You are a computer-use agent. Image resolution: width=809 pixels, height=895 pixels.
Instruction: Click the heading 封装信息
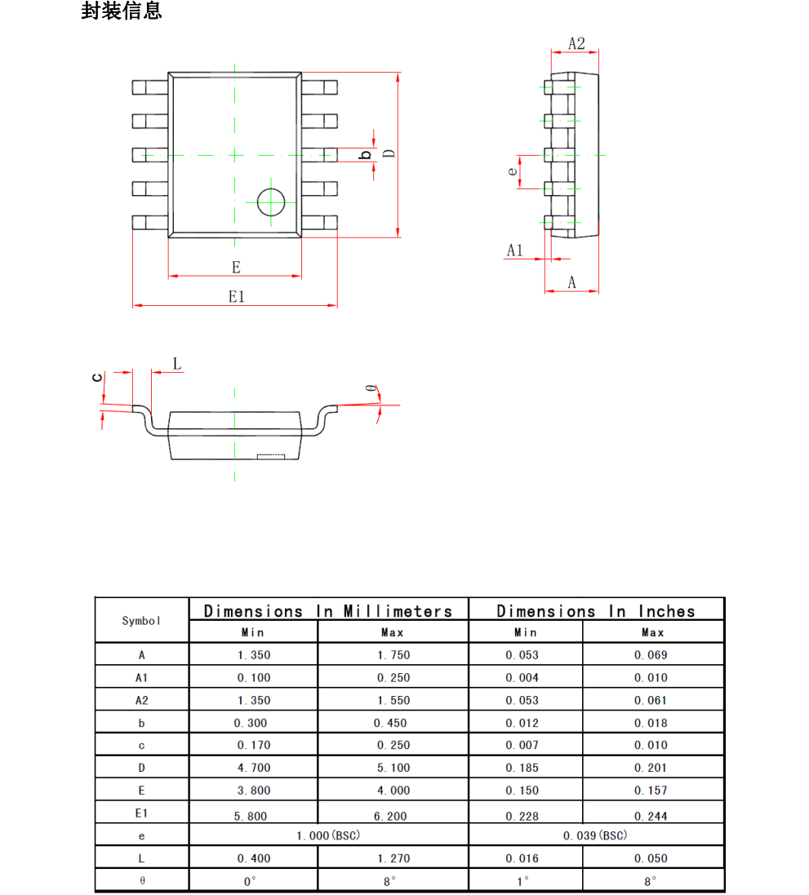coord(122,11)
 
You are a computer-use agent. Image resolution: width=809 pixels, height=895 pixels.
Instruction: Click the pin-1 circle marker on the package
coord(270,202)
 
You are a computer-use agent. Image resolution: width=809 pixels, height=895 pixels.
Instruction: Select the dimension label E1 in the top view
coord(236,297)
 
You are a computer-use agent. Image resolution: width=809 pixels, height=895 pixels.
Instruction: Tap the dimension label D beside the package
coord(389,153)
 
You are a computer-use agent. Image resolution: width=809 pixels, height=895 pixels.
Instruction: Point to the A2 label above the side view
coord(576,43)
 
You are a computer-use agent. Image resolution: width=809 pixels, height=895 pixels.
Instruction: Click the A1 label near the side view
coord(514,250)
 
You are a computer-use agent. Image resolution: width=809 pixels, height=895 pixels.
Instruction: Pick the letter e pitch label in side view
coord(512,171)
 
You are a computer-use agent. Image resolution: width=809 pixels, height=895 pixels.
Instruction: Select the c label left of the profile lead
coord(97,377)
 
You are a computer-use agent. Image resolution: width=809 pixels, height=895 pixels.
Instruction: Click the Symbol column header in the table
coord(141,621)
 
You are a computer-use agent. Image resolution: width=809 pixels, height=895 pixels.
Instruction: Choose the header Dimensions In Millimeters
coord(328,611)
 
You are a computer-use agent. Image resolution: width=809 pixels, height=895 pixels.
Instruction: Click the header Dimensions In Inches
coord(596,611)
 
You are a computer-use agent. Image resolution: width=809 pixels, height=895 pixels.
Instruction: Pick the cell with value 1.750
coord(393,655)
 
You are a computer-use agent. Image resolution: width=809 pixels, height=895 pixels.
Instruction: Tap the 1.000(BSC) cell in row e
coord(328,835)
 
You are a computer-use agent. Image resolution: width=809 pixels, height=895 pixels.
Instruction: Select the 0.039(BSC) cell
coord(596,835)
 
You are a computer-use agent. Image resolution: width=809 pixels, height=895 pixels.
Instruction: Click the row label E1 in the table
coord(141,813)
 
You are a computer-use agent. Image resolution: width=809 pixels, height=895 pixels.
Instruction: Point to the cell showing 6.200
coord(391,815)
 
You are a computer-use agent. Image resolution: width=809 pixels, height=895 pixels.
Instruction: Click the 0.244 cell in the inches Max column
coord(651,815)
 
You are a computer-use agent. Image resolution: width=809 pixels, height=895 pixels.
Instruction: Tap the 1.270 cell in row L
coord(393,858)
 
